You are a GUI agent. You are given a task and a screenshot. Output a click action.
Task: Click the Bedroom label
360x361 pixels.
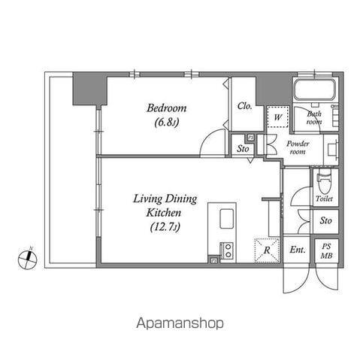point(167,108)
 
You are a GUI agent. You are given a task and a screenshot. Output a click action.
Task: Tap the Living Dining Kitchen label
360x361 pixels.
point(165,205)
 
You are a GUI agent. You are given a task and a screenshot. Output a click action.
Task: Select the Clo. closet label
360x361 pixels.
point(244,106)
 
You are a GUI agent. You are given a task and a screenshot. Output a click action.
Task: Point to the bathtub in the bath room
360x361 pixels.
point(315,89)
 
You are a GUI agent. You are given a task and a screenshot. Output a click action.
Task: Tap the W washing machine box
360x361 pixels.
point(278,117)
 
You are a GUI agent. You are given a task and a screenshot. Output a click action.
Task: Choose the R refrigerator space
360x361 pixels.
point(267,250)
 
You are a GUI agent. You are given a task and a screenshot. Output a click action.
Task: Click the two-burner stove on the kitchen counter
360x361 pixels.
point(228,250)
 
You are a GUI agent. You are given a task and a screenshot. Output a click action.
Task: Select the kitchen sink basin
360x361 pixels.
point(227,219)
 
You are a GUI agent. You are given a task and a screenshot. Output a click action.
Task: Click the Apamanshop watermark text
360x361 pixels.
point(180,323)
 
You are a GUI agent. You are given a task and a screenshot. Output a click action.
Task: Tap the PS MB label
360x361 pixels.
point(327,250)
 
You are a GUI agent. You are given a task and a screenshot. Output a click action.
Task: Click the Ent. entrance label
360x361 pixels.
point(298,250)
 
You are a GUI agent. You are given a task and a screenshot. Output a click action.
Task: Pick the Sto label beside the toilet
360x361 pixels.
point(325,220)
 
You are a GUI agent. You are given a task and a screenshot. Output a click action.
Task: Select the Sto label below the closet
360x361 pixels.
point(243,149)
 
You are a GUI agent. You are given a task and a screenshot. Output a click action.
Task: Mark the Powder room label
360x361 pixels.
point(298,147)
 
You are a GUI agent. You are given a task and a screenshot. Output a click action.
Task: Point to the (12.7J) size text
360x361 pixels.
point(165,227)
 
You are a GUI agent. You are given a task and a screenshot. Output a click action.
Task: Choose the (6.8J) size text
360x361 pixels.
point(167,123)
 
